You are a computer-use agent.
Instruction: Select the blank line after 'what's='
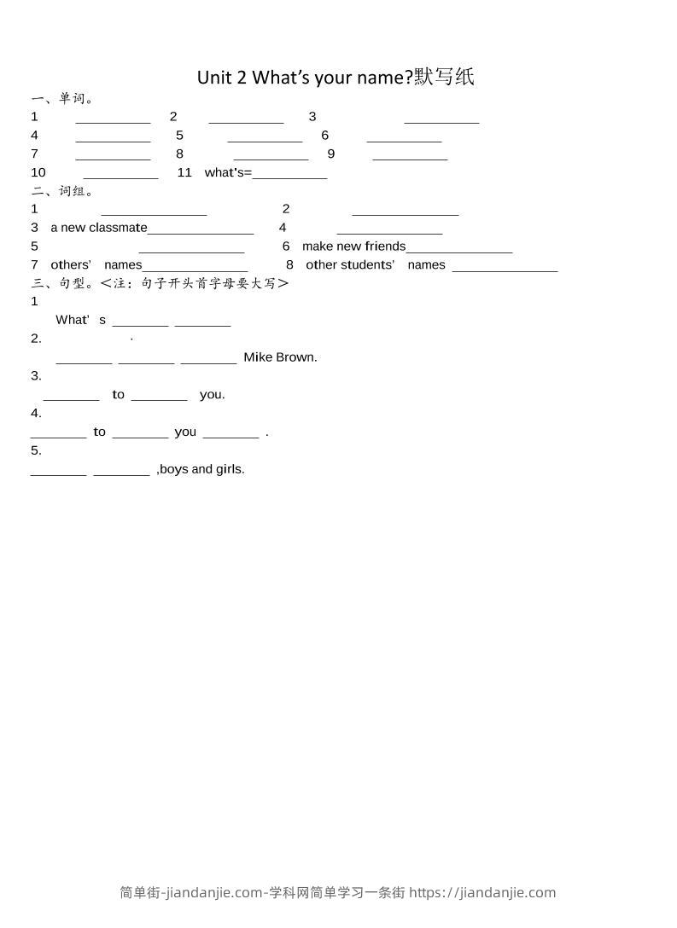coord(289,177)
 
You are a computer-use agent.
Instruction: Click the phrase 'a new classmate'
coord(99,228)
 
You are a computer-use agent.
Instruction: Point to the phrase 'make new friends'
coord(353,246)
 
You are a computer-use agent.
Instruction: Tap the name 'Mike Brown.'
coord(280,357)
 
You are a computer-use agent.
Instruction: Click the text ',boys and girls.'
coord(201,469)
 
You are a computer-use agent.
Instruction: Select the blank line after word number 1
coord(113,121)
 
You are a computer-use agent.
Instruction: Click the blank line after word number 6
coord(404,140)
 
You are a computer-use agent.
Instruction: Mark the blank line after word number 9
coord(410,158)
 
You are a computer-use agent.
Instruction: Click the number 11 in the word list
coord(184,172)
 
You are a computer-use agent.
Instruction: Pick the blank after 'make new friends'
coord(459,251)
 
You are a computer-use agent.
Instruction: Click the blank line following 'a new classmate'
coord(201,232)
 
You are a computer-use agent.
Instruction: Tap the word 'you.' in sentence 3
coord(213,395)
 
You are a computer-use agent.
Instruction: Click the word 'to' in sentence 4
coord(100,432)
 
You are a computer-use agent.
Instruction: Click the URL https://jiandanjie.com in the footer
coord(482,893)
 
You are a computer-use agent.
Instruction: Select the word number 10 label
coord(38,172)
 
